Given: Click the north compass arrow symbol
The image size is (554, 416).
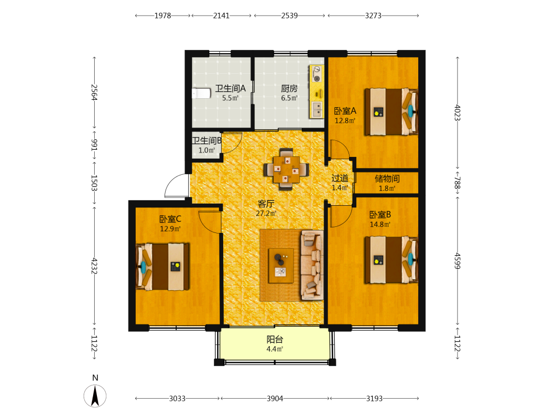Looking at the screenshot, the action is (95, 396).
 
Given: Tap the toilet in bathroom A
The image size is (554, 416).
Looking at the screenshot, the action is (201, 93).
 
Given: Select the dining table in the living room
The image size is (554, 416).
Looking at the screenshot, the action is (286, 169).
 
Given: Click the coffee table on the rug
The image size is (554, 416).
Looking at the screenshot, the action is (281, 266).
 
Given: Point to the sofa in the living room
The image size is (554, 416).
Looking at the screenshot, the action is (312, 265).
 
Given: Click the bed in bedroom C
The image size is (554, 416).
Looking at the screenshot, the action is (162, 266).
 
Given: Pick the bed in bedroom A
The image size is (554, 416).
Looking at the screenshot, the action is (391, 112).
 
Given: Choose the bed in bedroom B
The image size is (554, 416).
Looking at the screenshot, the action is (391, 260).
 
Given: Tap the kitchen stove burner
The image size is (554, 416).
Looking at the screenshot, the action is (317, 78).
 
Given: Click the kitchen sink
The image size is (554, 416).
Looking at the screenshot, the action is (317, 109).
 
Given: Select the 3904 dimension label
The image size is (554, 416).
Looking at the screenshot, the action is (275, 399).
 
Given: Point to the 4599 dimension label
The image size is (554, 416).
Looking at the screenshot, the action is (458, 261).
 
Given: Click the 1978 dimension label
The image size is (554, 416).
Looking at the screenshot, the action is (163, 16).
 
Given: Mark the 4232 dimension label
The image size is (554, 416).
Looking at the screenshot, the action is (94, 266).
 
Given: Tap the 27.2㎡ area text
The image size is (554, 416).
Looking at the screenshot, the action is (266, 214).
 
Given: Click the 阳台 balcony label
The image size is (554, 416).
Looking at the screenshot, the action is (275, 339).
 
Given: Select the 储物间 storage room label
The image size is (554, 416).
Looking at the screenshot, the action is (387, 179).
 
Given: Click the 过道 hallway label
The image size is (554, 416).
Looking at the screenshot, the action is (340, 178).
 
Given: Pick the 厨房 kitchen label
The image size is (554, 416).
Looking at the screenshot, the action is (289, 88).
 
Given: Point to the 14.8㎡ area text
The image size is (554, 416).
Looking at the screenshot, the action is (380, 224).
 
